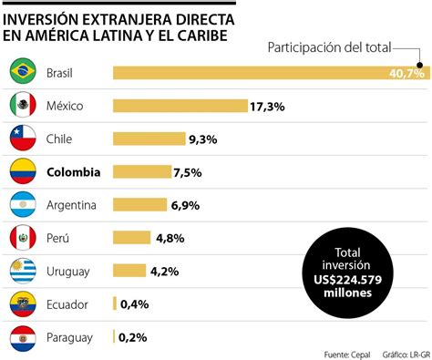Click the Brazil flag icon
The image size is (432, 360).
click(22, 71)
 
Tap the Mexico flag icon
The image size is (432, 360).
click(22, 105)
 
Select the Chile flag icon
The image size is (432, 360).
click(22, 139)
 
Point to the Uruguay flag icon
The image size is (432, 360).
click(22, 270)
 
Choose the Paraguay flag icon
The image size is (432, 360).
click(22, 337)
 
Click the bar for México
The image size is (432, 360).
click(180, 106)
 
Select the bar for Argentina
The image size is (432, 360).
click(139, 205)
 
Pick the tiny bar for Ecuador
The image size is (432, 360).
click(114, 303)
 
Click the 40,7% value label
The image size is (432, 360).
click(406, 73)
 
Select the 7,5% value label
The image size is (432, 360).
click(188, 172)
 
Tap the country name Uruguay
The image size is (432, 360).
click(69, 271)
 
